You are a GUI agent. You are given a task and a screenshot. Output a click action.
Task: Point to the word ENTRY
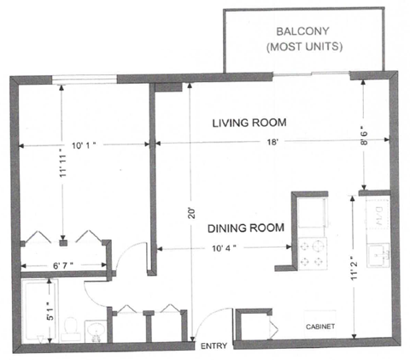pyautogui.click(x=213, y=346)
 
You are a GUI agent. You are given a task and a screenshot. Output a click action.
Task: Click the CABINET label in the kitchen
pyautogui.click(x=320, y=327)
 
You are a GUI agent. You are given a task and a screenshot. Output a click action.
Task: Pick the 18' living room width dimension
pyautogui.click(x=275, y=145)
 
